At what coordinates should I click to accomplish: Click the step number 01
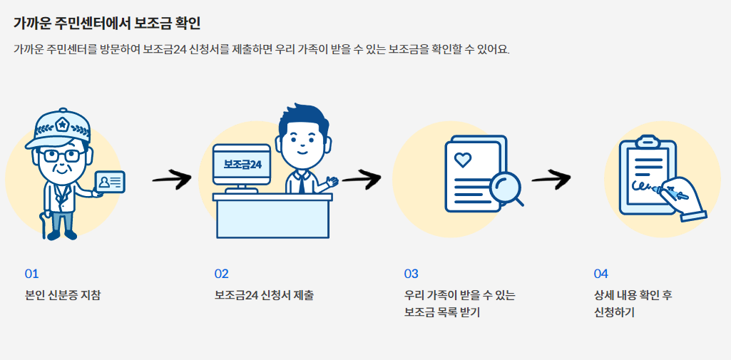(31, 274)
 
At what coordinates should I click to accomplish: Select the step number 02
(222, 274)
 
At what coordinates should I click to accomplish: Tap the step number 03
(411, 274)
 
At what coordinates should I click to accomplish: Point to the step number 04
(601, 274)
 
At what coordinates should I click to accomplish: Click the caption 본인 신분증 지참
(63, 295)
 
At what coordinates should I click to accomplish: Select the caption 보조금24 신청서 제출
(264, 295)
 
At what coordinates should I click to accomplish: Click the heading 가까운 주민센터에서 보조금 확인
(107, 23)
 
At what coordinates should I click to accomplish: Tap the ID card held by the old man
(109, 182)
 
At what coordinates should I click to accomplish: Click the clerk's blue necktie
(302, 185)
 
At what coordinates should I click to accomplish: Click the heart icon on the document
(463, 160)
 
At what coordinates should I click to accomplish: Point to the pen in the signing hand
(674, 192)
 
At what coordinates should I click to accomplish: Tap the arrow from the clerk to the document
(362, 178)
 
